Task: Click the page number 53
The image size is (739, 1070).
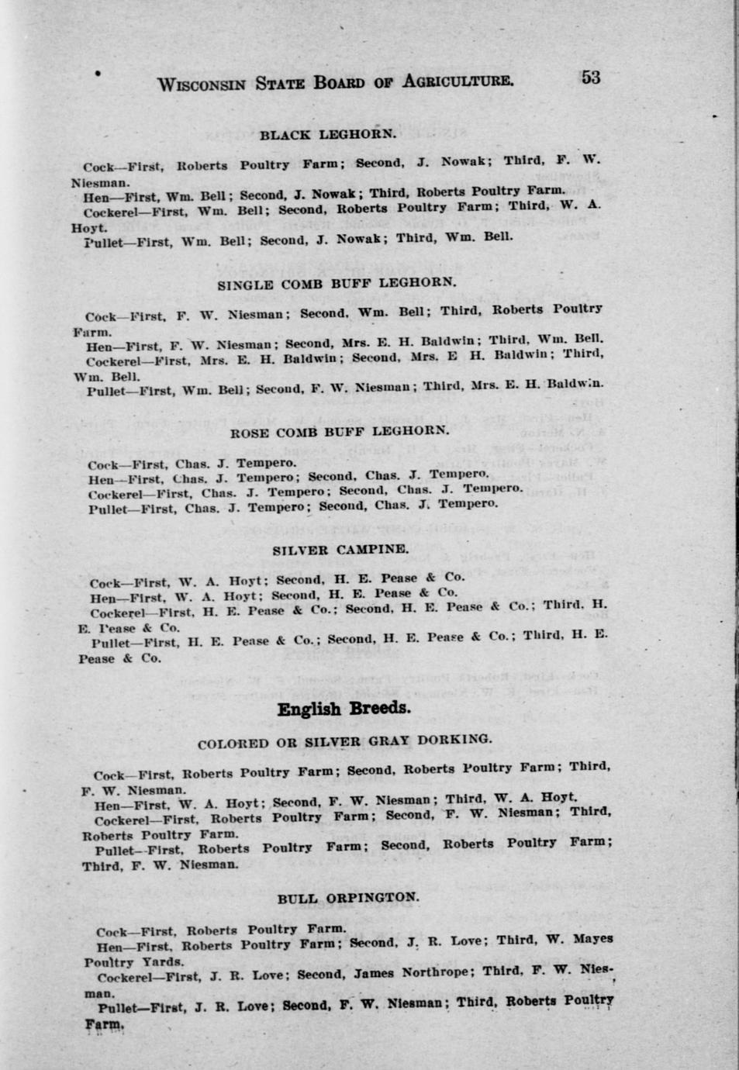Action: pyautogui.click(x=590, y=77)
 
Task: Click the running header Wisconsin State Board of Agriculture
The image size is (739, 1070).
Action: pyautogui.click(x=334, y=82)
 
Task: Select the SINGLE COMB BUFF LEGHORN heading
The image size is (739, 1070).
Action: pyautogui.click(x=337, y=284)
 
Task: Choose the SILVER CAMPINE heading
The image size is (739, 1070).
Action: pyautogui.click(x=340, y=549)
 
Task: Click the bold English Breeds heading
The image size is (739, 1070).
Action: pyautogui.click(x=344, y=709)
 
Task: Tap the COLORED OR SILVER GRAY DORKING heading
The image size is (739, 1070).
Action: pyautogui.click(x=344, y=742)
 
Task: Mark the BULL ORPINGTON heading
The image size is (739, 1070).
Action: pyautogui.click(x=347, y=898)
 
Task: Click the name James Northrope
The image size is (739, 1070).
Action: pyautogui.click(x=412, y=973)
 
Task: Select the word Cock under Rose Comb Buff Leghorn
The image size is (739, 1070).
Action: pyautogui.click(x=102, y=465)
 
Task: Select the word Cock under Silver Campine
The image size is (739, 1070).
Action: pyautogui.click(x=105, y=584)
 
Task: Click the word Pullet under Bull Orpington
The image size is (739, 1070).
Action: pyautogui.click(x=116, y=1008)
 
